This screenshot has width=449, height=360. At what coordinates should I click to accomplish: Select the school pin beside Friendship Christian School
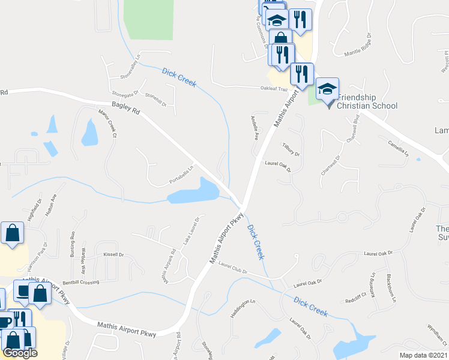coord(327,90)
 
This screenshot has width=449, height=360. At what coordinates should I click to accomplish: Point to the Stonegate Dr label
coord(125,94)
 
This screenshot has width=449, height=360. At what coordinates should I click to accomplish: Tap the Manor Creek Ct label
coord(106,122)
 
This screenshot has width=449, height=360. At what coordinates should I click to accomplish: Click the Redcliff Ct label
coord(355,298)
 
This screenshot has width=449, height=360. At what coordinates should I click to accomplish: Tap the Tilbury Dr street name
coord(291,149)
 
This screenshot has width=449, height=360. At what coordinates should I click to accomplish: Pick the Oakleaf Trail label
coord(274,89)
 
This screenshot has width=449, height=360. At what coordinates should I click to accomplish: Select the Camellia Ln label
coord(398,147)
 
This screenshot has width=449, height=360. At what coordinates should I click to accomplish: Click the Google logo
coord(20,353)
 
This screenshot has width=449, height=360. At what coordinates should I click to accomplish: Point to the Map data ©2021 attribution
coord(424,355)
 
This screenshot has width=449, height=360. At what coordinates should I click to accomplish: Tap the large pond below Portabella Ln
coord(193,192)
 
